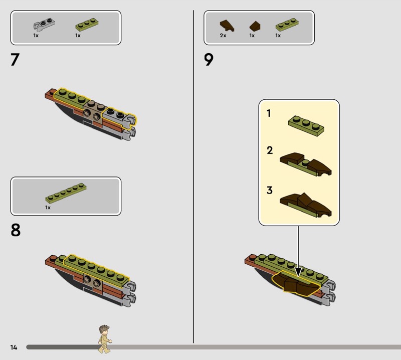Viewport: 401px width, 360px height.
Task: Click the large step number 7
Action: click(15, 60)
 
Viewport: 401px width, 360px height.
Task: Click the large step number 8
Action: click(16, 230)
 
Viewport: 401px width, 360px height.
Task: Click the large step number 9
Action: click(209, 60)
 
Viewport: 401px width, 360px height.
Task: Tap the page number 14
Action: click(14, 347)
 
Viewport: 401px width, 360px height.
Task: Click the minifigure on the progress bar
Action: click(105, 339)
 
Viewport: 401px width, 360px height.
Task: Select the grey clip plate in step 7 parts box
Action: click(44, 25)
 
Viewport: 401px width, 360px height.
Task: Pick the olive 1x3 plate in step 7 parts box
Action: click(87, 25)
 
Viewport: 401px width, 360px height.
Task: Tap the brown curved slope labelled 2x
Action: click(227, 26)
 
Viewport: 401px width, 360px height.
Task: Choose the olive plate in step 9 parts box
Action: click(287, 25)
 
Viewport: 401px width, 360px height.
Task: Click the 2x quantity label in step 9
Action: click(223, 36)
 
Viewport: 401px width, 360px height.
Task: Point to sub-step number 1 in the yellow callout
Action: click(269, 113)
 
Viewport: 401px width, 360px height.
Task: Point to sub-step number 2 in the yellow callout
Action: click(270, 150)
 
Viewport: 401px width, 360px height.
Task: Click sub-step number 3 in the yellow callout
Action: click(270, 191)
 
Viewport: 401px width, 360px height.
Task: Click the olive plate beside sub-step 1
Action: click(306, 126)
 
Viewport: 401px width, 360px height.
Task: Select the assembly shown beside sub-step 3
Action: click(306, 205)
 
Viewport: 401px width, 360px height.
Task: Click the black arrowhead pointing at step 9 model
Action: click(298, 272)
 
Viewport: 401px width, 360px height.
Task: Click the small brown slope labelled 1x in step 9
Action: click(255, 26)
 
